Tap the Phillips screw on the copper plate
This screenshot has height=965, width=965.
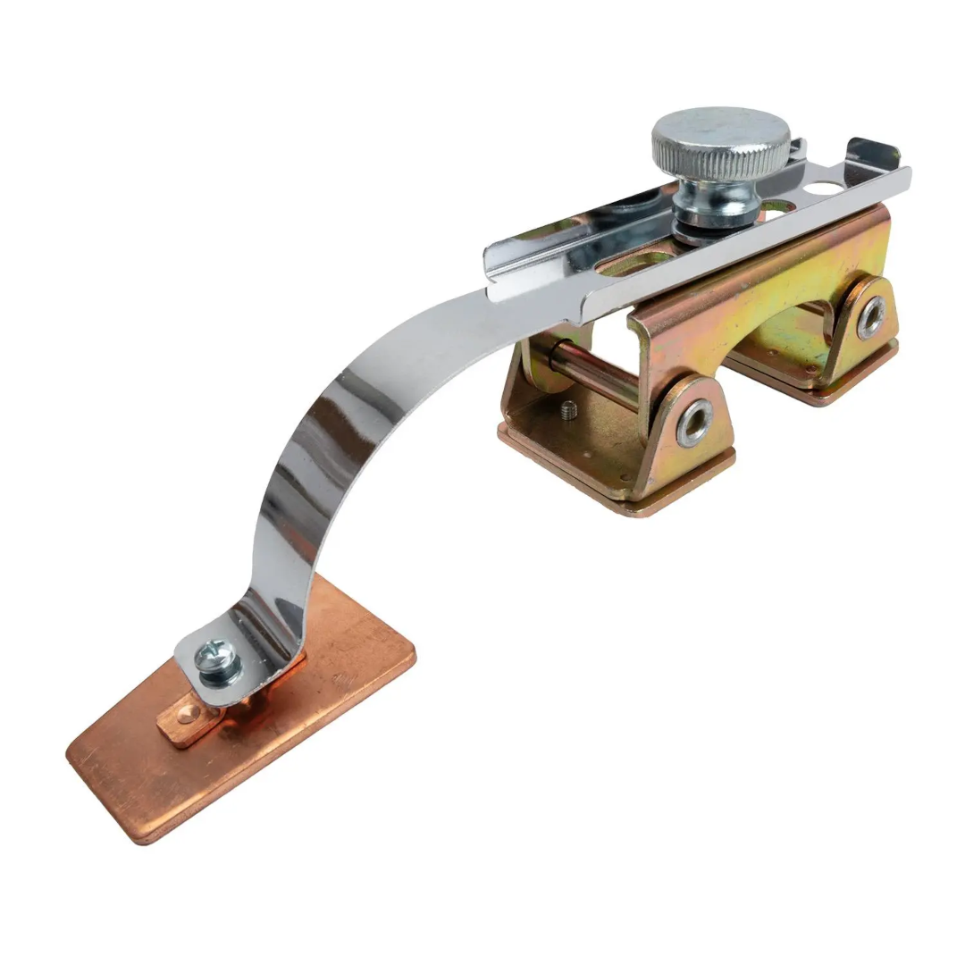click(x=219, y=663)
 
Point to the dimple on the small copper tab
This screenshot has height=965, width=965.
click(x=184, y=715)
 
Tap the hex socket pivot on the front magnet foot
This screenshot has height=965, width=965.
click(x=694, y=422)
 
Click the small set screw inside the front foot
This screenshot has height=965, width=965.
click(x=569, y=411)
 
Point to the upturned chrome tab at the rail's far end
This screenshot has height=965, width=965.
click(x=871, y=154)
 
